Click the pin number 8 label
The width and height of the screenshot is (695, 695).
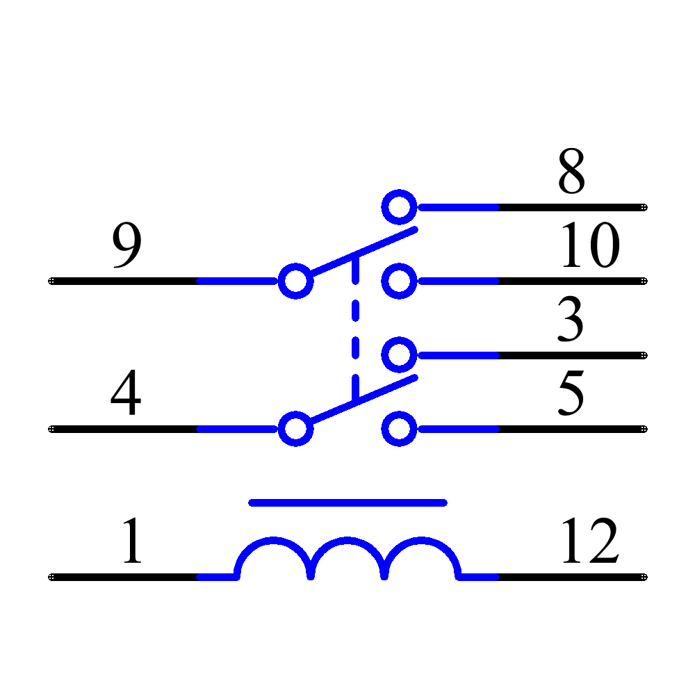[x=571, y=171]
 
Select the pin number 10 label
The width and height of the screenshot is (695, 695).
[x=589, y=245]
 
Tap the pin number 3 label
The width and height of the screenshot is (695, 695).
[x=570, y=320]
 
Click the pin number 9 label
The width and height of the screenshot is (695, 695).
[x=126, y=247]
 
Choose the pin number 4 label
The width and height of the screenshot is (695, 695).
[x=126, y=393]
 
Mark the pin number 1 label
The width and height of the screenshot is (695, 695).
[x=131, y=541]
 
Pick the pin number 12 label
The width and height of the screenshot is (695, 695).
[x=589, y=541]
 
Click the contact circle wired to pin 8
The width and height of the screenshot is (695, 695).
[x=399, y=206]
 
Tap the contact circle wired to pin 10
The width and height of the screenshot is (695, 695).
[x=399, y=281]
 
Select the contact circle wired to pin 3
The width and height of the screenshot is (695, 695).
[x=399, y=355]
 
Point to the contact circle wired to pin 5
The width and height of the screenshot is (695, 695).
[x=399, y=429]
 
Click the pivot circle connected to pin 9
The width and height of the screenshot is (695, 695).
[x=295, y=281]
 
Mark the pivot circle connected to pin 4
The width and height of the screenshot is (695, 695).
[x=295, y=429]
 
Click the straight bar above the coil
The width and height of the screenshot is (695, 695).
[x=347, y=502]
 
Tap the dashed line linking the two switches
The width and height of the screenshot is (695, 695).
[x=356, y=327]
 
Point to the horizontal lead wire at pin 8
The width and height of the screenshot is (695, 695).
[x=459, y=207]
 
